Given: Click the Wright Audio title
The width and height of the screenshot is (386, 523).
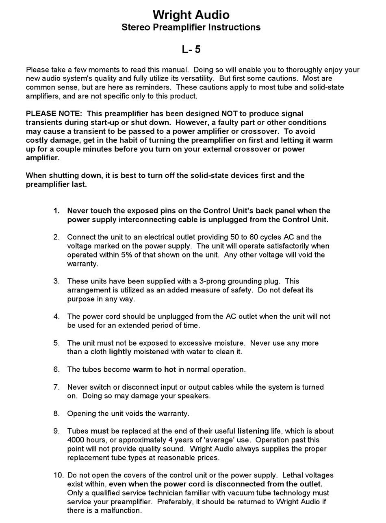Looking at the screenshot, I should [191, 15].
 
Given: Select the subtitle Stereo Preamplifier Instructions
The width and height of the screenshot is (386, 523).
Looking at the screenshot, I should [191, 27].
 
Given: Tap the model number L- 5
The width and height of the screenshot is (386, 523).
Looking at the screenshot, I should [191, 49].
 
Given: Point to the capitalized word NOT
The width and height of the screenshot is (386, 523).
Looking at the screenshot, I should [230, 113].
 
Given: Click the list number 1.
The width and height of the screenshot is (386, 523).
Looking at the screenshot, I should [56, 211].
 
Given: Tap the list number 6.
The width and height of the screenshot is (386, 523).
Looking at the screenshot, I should [56, 369].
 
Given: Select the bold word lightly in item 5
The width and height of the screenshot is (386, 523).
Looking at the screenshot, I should [120, 352].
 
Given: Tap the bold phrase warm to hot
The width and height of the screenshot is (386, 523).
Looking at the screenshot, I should [154, 369].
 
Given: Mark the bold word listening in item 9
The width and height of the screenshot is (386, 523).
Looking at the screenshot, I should [253, 431].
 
